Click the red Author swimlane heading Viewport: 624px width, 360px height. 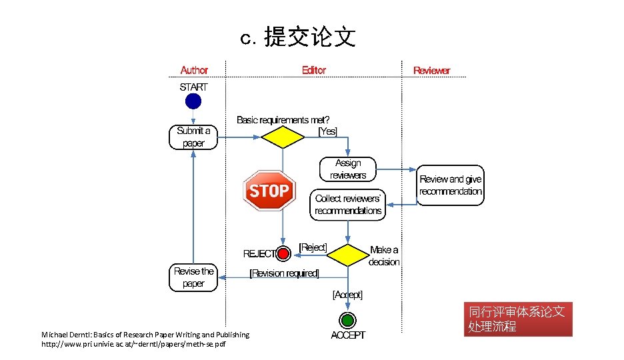pyautogui.click(x=194, y=70)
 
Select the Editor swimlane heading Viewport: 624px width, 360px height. pyautogui.click(x=314, y=70)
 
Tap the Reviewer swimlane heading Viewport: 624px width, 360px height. pyautogui.click(x=431, y=70)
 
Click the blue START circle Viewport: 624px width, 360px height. pyautogui.click(x=193, y=101)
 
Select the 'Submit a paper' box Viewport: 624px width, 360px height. pyautogui.click(x=193, y=137)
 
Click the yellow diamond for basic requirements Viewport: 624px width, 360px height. pyautogui.click(x=281, y=137)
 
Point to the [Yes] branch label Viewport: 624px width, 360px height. pyautogui.click(x=327, y=132)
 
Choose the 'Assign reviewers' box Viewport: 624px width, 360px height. pyautogui.click(x=348, y=169)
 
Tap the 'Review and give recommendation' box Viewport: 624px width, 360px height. pyautogui.click(x=451, y=185)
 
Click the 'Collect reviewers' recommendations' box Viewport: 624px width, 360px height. pyautogui.click(x=348, y=205)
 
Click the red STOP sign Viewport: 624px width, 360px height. pyautogui.click(x=269, y=191)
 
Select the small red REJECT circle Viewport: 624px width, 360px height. pyautogui.click(x=283, y=253)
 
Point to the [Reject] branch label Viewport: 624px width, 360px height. pyautogui.click(x=313, y=247)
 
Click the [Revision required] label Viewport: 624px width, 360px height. pyautogui.click(x=284, y=273)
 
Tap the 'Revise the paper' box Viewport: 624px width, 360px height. pyautogui.click(x=193, y=277)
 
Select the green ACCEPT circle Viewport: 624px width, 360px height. pyautogui.click(x=347, y=319)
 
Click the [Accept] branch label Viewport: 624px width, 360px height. pyautogui.click(x=347, y=294)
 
